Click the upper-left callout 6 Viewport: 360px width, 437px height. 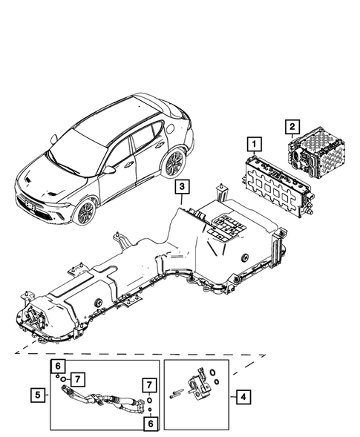click(56, 366)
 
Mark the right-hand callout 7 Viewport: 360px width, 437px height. click(151, 384)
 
